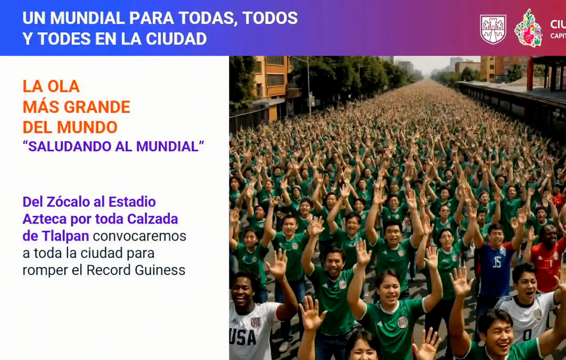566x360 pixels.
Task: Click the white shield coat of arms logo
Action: tap(493, 29)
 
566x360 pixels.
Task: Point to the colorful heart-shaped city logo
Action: tap(529, 28)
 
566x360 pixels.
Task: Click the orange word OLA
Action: tap(64, 86)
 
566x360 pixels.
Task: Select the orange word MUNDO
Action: tap(87, 127)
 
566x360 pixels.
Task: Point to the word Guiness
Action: tap(160, 270)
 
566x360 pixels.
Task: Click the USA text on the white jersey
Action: tap(243, 337)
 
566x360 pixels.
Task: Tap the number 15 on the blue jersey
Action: tap(497, 262)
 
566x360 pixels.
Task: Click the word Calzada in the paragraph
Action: tap(152, 219)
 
